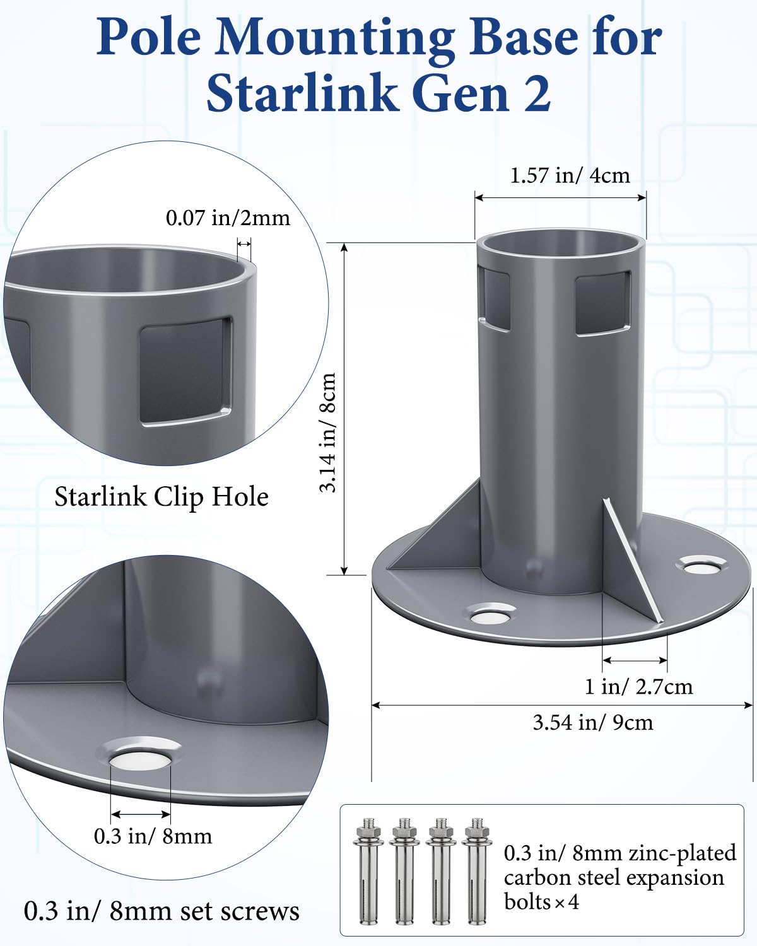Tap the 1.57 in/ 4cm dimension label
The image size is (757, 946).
tap(570, 175)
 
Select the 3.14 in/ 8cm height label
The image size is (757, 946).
tap(327, 433)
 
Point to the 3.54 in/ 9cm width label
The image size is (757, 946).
tap(592, 722)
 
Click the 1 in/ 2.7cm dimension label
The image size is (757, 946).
tap(638, 686)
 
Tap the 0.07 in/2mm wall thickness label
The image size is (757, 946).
tap(228, 218)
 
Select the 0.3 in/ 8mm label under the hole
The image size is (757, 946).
tap(153, 836)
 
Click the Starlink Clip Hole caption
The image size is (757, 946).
tap(161, 497)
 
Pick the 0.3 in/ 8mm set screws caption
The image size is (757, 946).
tap(161, 911)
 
